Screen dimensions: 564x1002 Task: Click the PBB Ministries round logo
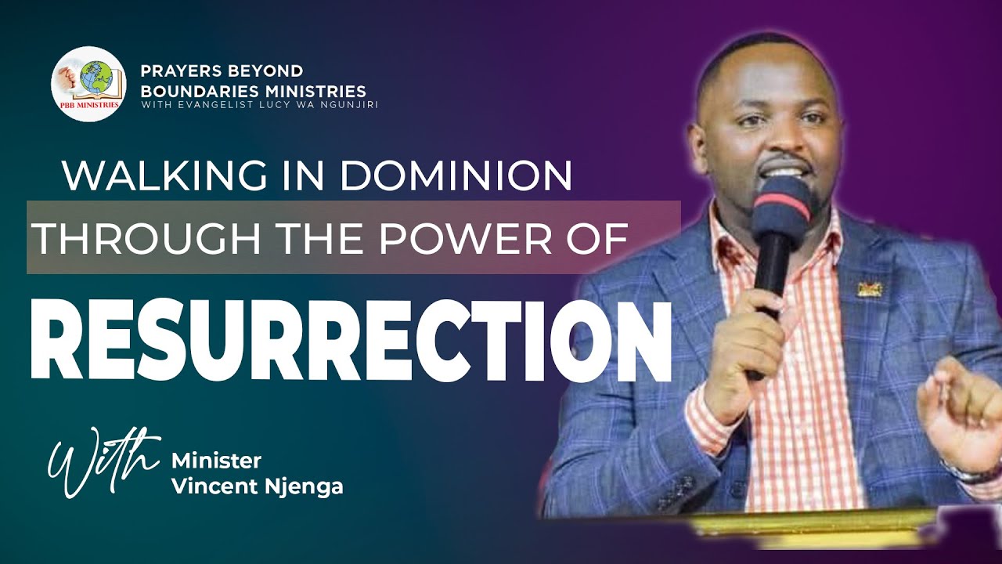(88, 84)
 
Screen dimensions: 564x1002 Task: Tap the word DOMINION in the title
(455, 176)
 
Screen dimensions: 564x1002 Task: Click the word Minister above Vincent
(216, 460)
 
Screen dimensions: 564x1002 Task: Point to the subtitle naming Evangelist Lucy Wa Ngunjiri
(259, 105)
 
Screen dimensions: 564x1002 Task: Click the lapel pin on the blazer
(870, 288)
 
